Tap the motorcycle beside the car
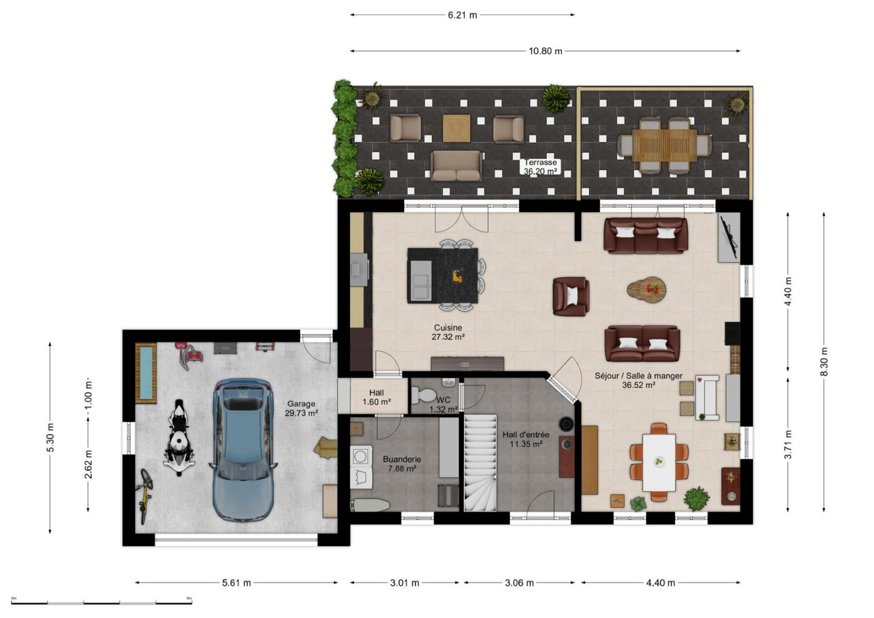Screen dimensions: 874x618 click(x=179, y=437)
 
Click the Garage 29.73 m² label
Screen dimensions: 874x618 click(x=301, y=408)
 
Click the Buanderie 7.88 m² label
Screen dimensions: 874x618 click(x=402, y=463)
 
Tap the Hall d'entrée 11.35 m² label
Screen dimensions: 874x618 click(x=526, y=439)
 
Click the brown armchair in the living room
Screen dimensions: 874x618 click(x=571, y=296)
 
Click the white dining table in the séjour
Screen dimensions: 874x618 click(x=659, y=462)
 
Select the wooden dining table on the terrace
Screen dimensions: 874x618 click(x=665, y=144)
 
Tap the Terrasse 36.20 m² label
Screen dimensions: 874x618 click(x=540, y=167)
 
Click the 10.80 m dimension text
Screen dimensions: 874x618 click(x=545, y=51)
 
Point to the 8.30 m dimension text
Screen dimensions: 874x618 click(x=824, y=362)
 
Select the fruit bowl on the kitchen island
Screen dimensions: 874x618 click(x=457, y=276)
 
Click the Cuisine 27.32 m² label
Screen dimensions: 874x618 click(x=448, y=332)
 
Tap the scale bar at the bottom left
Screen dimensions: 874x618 click(x=101, y=603)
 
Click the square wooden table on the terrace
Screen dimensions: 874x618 click(x=456, y=128)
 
